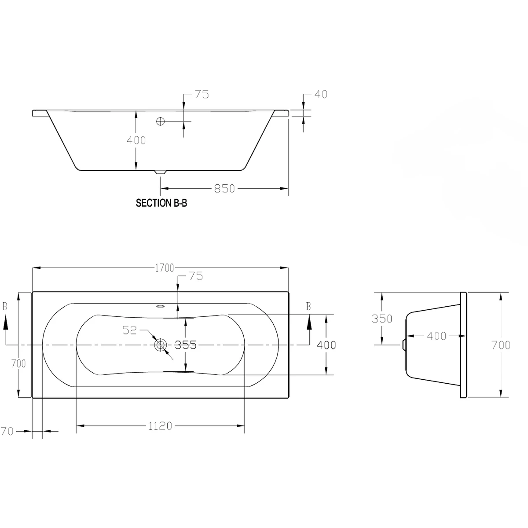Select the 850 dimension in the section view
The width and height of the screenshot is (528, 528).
[x=224, y=189]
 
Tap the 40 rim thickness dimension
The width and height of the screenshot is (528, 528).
[x=321, y=95]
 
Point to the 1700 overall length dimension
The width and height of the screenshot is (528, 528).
[x=164, y=268]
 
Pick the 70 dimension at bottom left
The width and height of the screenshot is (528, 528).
[x=7, y=432]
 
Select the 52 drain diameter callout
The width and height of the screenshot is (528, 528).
[x=130, y=330]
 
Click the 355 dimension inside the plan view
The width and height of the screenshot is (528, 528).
[x=185, y=345]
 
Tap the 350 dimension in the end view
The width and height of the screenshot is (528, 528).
[x=381, y=319]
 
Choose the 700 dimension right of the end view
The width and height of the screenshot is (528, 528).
[x=501, y=345]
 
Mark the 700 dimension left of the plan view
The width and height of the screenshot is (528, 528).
[x=18, y=364]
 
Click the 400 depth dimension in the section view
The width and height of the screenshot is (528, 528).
[x=136, y=140]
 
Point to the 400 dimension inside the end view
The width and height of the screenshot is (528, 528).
[x=436, y=336]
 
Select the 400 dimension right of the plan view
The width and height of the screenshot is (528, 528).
[x=326, y=345]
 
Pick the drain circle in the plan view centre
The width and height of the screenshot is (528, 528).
[x=160, y=345]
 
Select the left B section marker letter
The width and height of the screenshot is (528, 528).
[x=5, y=307]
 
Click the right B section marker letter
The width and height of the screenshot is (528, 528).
[x=308, y=307]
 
